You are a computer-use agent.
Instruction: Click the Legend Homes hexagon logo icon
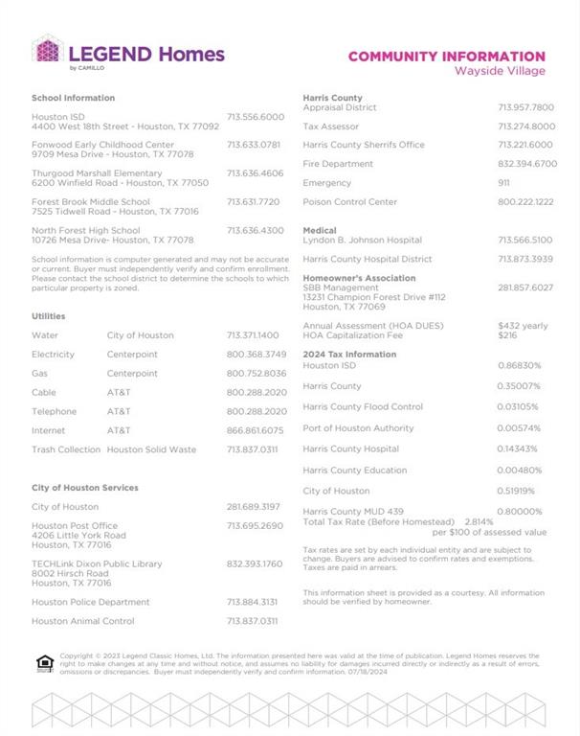47,51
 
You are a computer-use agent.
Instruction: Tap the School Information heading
73,98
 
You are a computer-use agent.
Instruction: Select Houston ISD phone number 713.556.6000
256,117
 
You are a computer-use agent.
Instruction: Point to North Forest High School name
85,230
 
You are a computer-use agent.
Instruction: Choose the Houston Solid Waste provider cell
151,449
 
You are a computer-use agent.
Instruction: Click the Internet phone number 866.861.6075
256,430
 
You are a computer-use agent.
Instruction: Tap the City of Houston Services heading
84,488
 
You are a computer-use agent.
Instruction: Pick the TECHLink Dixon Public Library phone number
255,563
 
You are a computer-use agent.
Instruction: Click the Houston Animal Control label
82,621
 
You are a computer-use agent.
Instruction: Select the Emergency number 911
504,183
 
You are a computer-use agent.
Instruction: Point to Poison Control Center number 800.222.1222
525,202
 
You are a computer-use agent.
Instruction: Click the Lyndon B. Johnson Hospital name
362,241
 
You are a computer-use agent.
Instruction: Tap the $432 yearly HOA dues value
524,326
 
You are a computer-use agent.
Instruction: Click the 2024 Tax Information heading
349,355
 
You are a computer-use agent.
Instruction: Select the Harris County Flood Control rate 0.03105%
520,407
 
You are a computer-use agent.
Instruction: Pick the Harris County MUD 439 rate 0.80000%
520,512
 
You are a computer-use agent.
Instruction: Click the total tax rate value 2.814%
480,521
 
